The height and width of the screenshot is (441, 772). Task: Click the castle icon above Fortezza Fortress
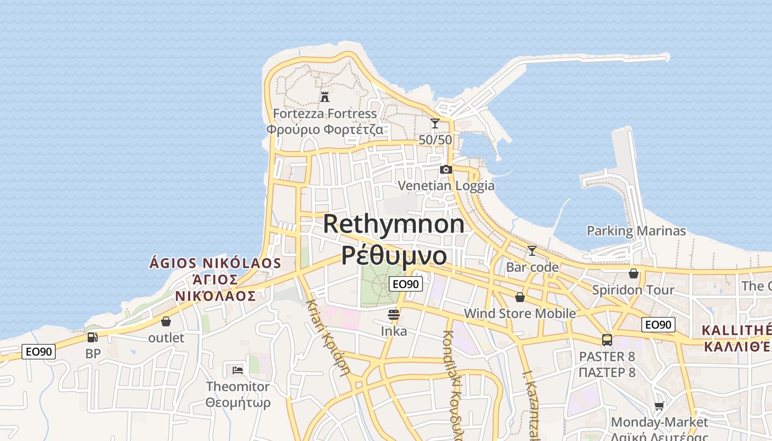(x=325, y=96)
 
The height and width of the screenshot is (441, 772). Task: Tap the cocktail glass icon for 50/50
(x=435, y=123)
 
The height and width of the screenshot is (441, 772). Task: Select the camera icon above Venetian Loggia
(x=446, y=169)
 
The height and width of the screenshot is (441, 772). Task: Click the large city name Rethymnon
(x=394, y=224)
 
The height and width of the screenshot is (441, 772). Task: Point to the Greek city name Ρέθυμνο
(x=394, y=255)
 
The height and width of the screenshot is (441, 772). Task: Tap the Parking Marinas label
(x=636, y=231)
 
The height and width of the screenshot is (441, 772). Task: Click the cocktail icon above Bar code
(x=532, y=251)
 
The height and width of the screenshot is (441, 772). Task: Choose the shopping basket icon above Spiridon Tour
(x=634, y=273)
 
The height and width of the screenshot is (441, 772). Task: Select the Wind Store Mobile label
(x=520, y=314)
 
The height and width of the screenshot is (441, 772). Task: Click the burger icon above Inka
(x=394, y=315)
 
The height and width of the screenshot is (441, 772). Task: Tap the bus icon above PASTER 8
(x=607, y=340)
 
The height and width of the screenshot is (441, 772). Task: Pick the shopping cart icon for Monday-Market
(x=659, y=406)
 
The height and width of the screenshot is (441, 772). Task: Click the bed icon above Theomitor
(x=238, y=370)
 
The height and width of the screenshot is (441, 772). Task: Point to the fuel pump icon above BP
(x=93, y=337)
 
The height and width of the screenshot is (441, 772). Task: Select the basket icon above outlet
(x=166, y=321)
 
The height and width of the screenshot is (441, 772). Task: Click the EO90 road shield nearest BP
(x=39, y=352)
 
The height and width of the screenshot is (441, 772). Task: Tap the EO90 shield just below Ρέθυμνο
(x=406, y=284)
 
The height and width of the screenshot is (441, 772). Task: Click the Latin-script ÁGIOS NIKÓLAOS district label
(x=215, y=263)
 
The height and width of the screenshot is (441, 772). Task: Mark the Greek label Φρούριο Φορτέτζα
(x=325, y=130)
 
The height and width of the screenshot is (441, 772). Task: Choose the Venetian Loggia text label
(x=446, y=186)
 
